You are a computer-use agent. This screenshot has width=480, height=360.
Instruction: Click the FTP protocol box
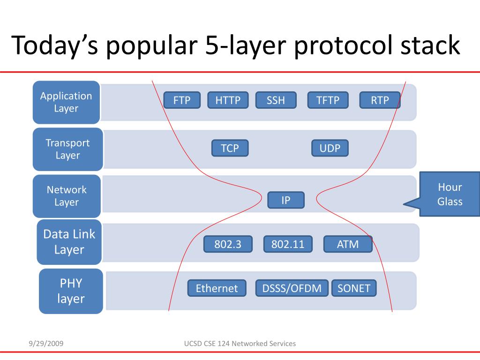(182, 100)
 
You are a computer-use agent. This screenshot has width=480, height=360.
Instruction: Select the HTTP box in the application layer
(228, 100)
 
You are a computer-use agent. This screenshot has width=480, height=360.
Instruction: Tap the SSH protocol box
(276, 100)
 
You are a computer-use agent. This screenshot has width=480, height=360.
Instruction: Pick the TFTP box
(328, 100)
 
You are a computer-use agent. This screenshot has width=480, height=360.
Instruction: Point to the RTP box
(380, 100)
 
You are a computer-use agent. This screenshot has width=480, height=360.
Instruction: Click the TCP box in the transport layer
(230, 148)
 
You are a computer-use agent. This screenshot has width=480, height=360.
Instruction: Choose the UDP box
(330, 148)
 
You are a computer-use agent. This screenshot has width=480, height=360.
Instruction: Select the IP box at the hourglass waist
(286, 200)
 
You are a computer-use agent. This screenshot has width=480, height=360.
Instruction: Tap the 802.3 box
(227, 244)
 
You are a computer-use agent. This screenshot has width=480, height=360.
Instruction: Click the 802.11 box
(288, 244)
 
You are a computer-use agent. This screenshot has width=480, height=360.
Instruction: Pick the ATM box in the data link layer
(348, 244)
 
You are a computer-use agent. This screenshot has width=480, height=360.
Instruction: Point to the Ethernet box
(217, 288)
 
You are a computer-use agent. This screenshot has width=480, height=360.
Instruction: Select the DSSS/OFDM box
(292, 288)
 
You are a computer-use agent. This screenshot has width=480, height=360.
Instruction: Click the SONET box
(354, 288)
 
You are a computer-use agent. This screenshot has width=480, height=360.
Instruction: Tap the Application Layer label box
(66, 102)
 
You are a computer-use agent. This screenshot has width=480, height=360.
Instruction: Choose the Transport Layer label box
(67, 149)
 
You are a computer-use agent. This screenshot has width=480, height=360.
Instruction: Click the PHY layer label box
(71, 291)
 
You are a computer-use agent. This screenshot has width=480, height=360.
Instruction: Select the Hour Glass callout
(449, 194)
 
